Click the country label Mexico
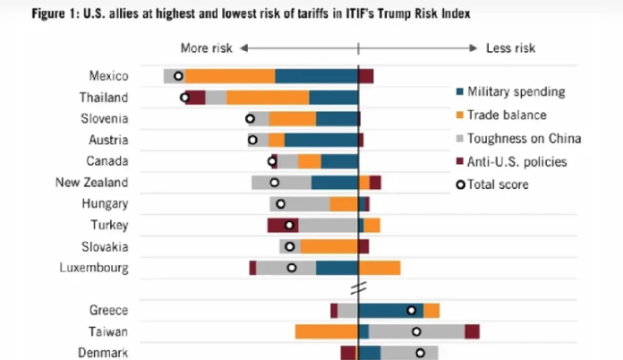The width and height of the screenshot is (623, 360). tap(108, 76)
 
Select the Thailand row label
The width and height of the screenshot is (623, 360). tap(104, 98)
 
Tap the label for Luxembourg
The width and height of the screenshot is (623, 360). tap(94, 268)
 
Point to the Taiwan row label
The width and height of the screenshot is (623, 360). tap(109, 331)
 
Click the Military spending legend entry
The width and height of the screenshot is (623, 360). tap(516, 91)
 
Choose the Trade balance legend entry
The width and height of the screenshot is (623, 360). tap(507, 115)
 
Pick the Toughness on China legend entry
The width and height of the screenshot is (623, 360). tap(524, 138)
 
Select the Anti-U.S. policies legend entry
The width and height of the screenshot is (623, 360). tap(517, 161)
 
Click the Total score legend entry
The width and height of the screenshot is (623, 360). tap(499, 184)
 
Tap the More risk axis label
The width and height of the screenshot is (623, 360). tap(207, 47)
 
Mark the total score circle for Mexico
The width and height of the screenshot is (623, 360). tap(178, 76)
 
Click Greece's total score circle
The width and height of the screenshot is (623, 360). tap(412, 310)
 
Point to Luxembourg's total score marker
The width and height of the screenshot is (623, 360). tap(292, 268)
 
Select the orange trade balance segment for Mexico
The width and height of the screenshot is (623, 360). tap(230, 76)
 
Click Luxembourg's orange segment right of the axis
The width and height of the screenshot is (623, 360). tap(380, 268)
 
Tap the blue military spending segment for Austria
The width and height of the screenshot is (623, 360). tap(321, 140)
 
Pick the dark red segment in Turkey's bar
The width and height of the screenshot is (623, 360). tap(281, 225)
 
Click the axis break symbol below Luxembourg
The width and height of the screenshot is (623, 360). tap(358, 288)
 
